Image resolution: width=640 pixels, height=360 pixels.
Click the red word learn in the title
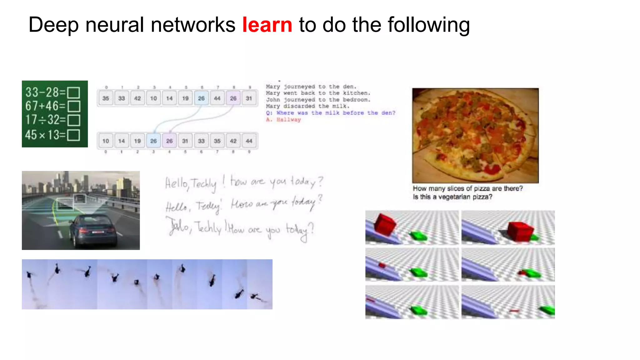click(x=267, y=25)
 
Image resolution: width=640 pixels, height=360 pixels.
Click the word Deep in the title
click(x=53, y=25)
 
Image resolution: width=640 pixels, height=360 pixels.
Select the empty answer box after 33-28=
click(x=74, y=93)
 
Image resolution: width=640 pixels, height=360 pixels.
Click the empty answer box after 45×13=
click(x=74, y=135)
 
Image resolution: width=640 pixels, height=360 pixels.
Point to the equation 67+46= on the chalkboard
click(x=45, y=106)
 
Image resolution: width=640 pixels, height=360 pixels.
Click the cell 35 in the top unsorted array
click(x=106, y=98)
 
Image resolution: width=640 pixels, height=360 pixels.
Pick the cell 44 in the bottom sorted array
click(x=249, y=141)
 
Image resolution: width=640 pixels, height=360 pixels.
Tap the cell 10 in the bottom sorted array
click(x=106, y=141)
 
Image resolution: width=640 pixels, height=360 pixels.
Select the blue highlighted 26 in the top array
click(x=201, y=98)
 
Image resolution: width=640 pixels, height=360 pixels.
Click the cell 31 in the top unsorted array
click(x=249, y=98)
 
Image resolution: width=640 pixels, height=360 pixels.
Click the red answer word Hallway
click(x=288, y=120)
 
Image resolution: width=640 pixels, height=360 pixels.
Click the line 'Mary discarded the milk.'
click(x=307, y=106)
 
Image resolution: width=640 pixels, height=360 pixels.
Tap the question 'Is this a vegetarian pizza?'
click(x=452, y=197)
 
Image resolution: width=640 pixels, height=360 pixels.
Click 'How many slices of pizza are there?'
click(x=467, y=188)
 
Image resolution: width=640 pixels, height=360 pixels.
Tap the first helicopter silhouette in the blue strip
click(x=30, y=275)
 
